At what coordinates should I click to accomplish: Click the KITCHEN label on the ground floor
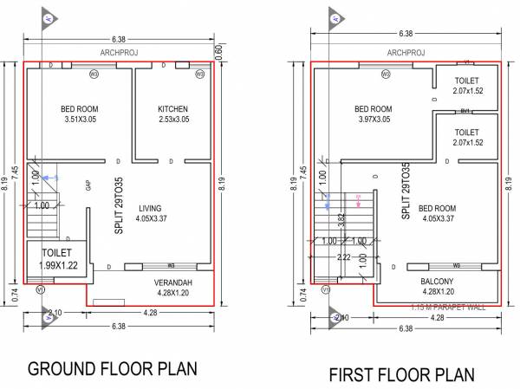click(172, 109)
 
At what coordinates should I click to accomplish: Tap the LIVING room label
click(151, 208)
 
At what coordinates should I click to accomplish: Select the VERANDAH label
click(174, 282)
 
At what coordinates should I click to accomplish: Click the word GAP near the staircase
click(88, 185)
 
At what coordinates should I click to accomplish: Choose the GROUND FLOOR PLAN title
click(112, 368)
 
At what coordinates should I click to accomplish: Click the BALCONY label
click(438, 282)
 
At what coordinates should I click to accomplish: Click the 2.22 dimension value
click(343, 257)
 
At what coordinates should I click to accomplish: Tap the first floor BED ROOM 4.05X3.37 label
click(436, 214)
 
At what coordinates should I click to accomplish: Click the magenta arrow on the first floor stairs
click(358, 203)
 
